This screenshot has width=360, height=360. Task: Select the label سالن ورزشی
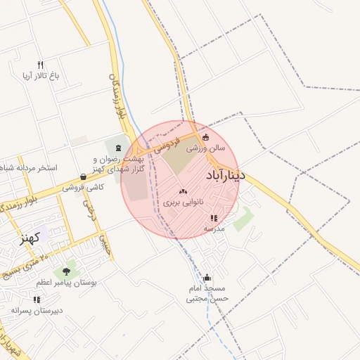(x=205, y=149)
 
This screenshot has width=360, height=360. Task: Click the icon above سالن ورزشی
(x=205, y=138)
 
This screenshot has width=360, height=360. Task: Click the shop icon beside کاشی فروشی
(x=84, y=176)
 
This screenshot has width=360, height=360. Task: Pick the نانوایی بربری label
(x=184, y=202)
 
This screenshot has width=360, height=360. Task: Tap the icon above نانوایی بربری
(x=184, y=191)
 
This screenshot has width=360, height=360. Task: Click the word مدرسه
(x=214, y=229)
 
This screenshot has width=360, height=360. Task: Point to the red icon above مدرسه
(x=214, y=218)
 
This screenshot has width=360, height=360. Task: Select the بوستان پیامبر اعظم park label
(x=68, y=282)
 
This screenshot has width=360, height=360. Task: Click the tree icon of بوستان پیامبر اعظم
(x=67, y=271)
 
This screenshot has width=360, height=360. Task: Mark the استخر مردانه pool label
(x=29, y=169)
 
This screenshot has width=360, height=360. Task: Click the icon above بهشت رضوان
(x=117, y=148)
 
